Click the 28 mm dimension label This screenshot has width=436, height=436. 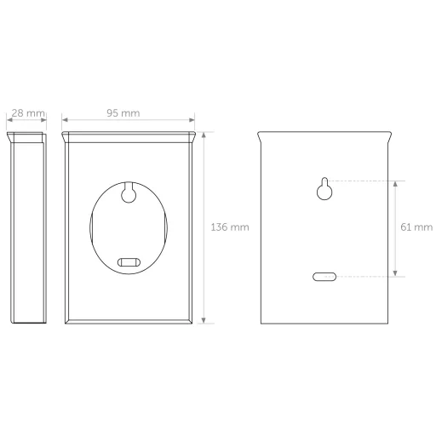coord(28,113)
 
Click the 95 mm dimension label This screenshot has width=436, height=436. coord(123,113)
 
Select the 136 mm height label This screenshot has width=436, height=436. coord(230,227)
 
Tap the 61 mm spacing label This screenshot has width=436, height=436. coord(416,227)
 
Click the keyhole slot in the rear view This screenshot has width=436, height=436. coord(324,189)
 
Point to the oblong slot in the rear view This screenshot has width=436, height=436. coord(324,277)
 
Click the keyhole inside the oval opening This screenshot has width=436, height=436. coord(129,193)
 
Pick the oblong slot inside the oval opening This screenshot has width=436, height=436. coord(129,262)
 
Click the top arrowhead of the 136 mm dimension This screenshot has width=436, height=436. coord(204,135)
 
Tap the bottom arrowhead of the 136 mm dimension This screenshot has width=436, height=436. coord(204,320)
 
